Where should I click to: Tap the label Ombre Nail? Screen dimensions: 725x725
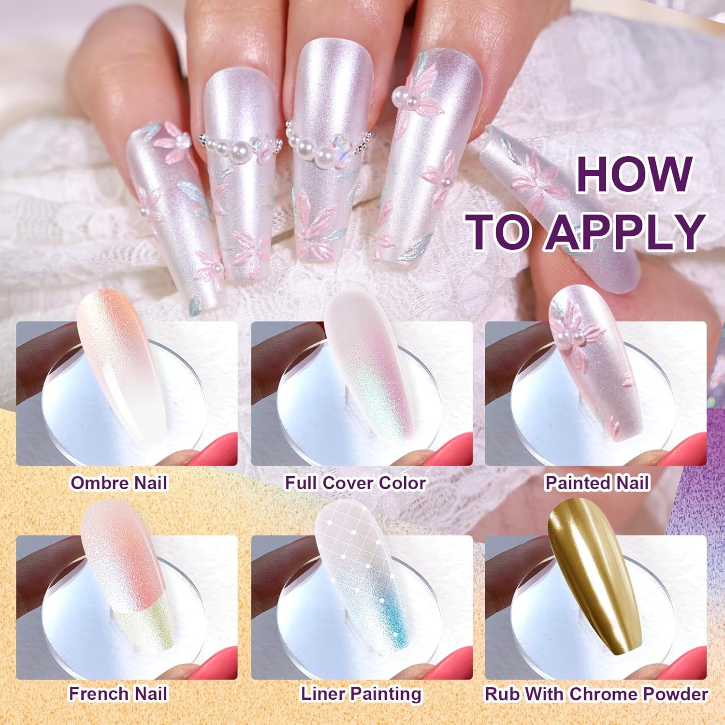point(119,483)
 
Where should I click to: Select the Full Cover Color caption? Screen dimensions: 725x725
point(355,483)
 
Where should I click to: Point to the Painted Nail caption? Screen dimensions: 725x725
point(597,483)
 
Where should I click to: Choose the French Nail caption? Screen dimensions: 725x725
point(118,694)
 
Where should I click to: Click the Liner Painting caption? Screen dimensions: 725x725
point(361,694)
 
